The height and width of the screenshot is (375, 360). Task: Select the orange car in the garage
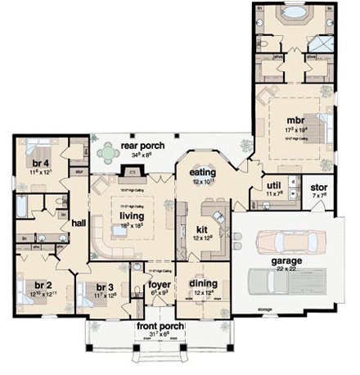pyautogui.click(x=281, y=241)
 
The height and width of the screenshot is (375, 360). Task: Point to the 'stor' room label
pyautogui.click(x=319, y=187)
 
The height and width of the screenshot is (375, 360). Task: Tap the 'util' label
pyautogui.click(x=274, y=187)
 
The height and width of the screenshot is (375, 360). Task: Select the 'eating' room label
pyautogui.click(x=202, y=173)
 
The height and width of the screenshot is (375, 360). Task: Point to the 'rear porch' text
pyautogui.click(x=142, y=146)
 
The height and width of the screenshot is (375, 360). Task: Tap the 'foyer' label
pyautogui.click(x=159, y=285)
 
